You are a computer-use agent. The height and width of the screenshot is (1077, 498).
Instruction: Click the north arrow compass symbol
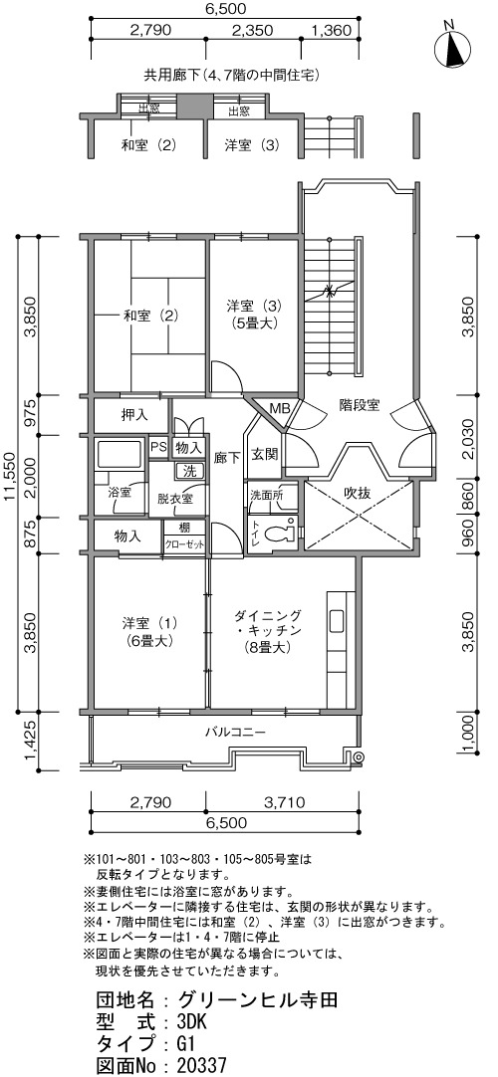pyautogui.click(x=451, y=46)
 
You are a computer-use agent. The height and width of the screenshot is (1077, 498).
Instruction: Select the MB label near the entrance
pyautogui.click(x=279, y=408)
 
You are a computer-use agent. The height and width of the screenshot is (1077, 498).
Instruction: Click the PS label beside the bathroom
pyautogui.click(x=158, y=447)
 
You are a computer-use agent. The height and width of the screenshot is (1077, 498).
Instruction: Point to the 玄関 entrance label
pyautogui.click(x=264, y=455)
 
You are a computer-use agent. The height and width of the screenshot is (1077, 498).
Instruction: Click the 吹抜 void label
pyautogui.click(x=358, y=493)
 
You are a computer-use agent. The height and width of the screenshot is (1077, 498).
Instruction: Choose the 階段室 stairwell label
pyautogui.click(x=359, y=404)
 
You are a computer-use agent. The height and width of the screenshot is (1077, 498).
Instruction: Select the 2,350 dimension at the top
pyautogui.click(x=253, y=30)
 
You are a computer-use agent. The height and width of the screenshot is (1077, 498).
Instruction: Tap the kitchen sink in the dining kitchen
pyautogui.click(x=337, y=620)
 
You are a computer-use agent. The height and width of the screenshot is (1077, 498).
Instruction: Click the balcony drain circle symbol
pyautogui.click(x=357, y=757)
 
